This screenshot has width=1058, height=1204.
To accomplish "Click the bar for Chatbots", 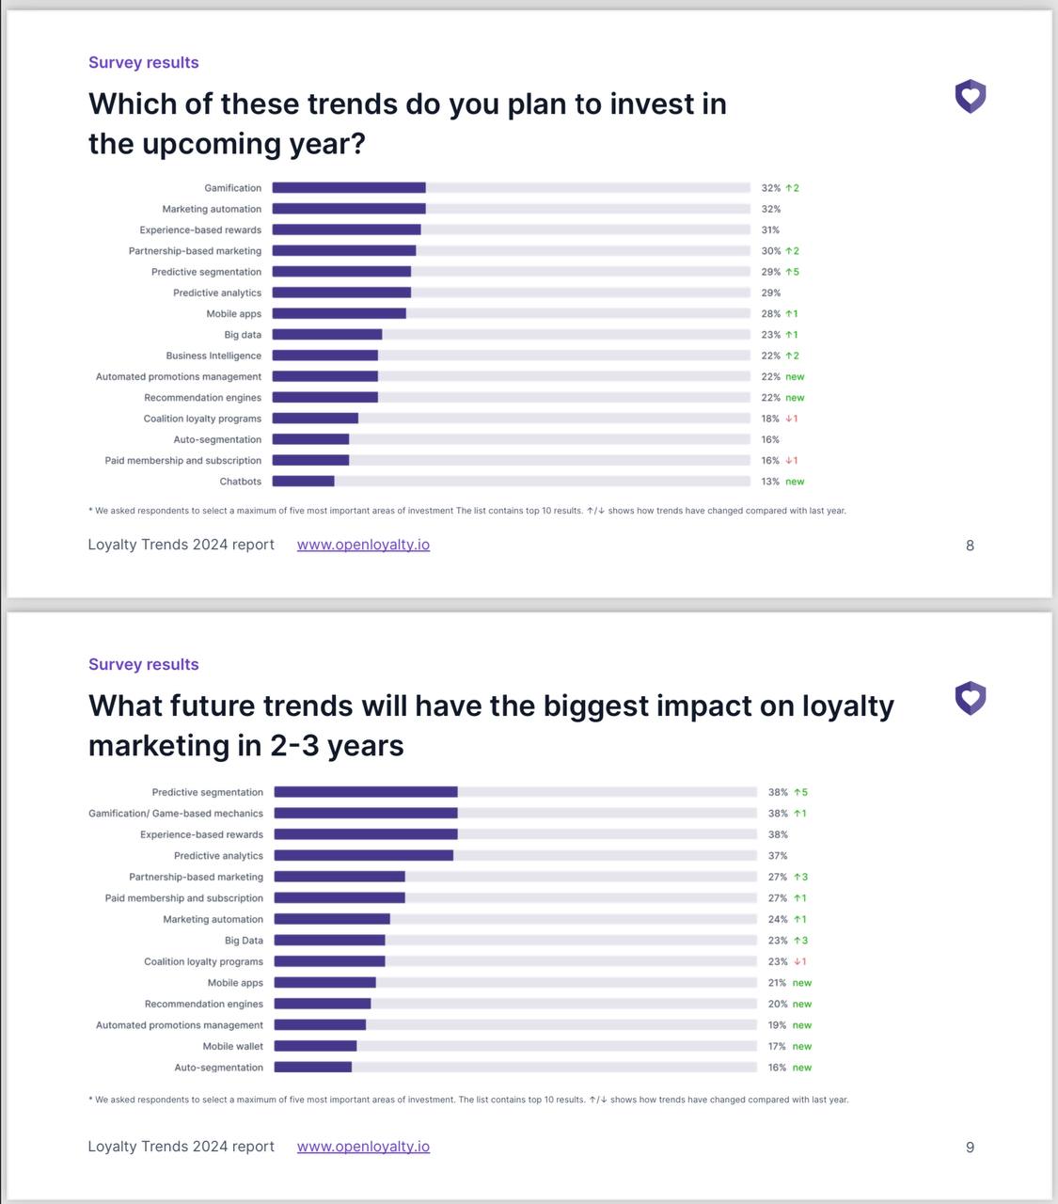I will (x=303, y=482).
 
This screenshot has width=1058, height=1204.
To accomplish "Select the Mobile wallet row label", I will (x=233, y=1046).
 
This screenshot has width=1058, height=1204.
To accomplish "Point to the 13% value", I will (x=770, y=482).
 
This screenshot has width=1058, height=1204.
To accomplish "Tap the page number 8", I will (x=970, y=546).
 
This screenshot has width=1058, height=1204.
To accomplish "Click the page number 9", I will (x=970, y=1148).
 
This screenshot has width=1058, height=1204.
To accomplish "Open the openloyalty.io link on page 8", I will (x=363, y=545).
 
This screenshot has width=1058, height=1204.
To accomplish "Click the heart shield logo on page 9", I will (x=970, y=699).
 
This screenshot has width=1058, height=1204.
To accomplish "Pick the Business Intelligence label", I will (x=213, y=356).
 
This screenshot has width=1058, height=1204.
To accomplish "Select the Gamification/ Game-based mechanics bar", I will (x=366, y=814).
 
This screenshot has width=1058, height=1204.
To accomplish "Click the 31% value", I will (x=770, y=230).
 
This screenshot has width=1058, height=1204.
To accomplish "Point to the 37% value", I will (x=778, y=856).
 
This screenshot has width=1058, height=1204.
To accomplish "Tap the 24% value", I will (x=778, y=919).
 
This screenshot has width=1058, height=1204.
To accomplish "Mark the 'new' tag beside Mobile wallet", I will (x=802, y=1046).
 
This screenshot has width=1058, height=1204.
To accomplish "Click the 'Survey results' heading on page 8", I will (x=144, y=63).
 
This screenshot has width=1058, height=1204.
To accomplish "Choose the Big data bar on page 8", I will (x=327, y=335).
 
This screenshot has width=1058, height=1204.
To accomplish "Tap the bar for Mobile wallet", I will (x=315, y=1046).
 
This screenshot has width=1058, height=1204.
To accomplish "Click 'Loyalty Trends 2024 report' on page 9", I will (x=182, y=1147).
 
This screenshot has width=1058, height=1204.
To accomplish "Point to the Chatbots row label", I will (x=241, y=482).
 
